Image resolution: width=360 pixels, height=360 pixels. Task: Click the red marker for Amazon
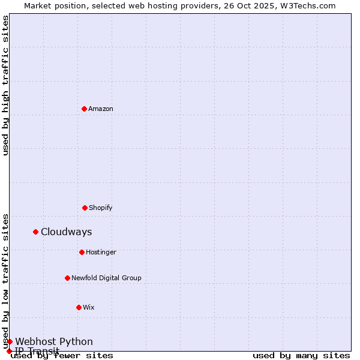[84, 109]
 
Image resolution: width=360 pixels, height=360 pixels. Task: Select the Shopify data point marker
[85, 208]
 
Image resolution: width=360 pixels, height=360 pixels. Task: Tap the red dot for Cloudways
[35, 232]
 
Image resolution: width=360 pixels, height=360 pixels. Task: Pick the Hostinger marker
[82, 252]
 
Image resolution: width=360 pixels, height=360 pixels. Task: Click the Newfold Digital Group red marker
[67, 278]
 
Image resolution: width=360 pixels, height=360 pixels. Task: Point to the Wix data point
[79, 307]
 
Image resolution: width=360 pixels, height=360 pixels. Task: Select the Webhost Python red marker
[10, 341]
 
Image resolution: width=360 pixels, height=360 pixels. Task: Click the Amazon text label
[101, 109]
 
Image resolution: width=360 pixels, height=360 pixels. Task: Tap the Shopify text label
[101, 208]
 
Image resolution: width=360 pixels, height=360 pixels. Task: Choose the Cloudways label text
[67, 232]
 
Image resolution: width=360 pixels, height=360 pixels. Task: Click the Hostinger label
[101, 252]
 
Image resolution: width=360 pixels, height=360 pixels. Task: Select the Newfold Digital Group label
[106, 278]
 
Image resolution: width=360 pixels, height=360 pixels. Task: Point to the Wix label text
[89, 307]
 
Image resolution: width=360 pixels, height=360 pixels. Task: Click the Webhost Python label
[54, 342]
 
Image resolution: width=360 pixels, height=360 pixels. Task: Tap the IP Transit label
[37, 351]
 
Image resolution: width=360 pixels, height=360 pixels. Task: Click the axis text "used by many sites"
[301, 355]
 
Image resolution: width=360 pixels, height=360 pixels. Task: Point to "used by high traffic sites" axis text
[5, 85]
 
